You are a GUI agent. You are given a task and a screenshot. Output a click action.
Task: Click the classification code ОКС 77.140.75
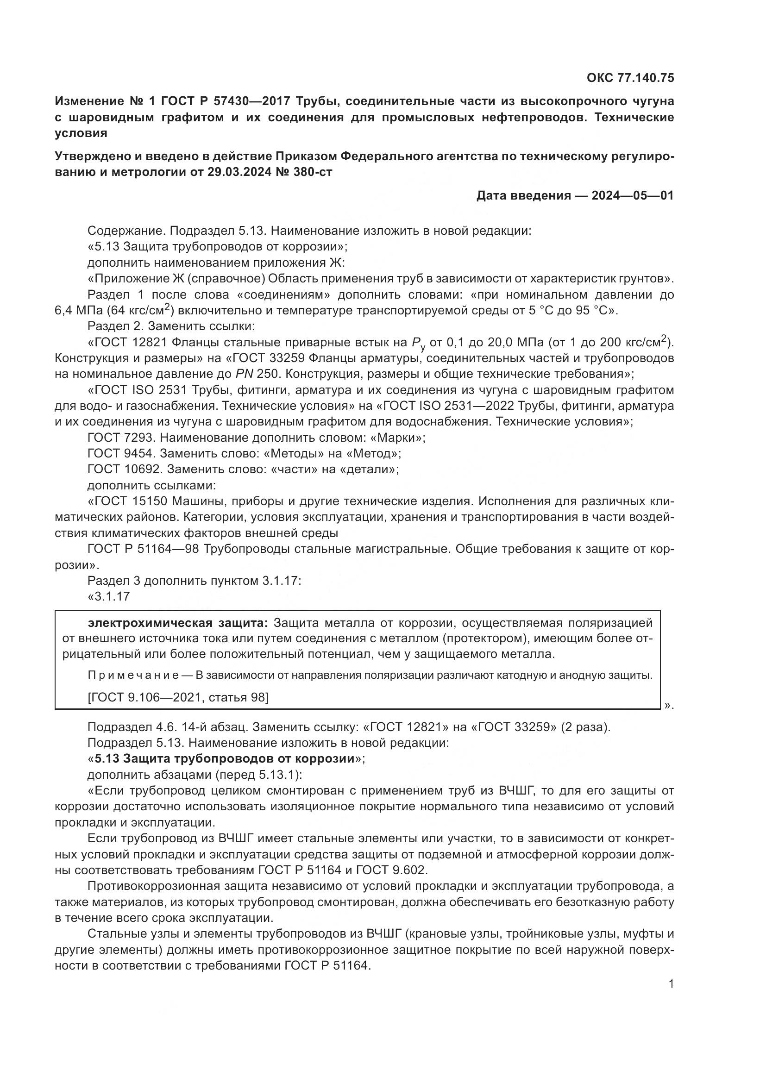tap(630, 78)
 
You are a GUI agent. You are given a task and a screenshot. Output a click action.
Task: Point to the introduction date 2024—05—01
tap(633, 195)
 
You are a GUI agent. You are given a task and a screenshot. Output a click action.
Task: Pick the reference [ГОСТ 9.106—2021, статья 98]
tap(178, 697)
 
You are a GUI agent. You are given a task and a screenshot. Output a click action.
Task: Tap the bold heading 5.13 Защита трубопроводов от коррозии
tap(225, 759)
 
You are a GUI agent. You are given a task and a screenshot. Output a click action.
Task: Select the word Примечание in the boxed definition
tap(133, 676)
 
